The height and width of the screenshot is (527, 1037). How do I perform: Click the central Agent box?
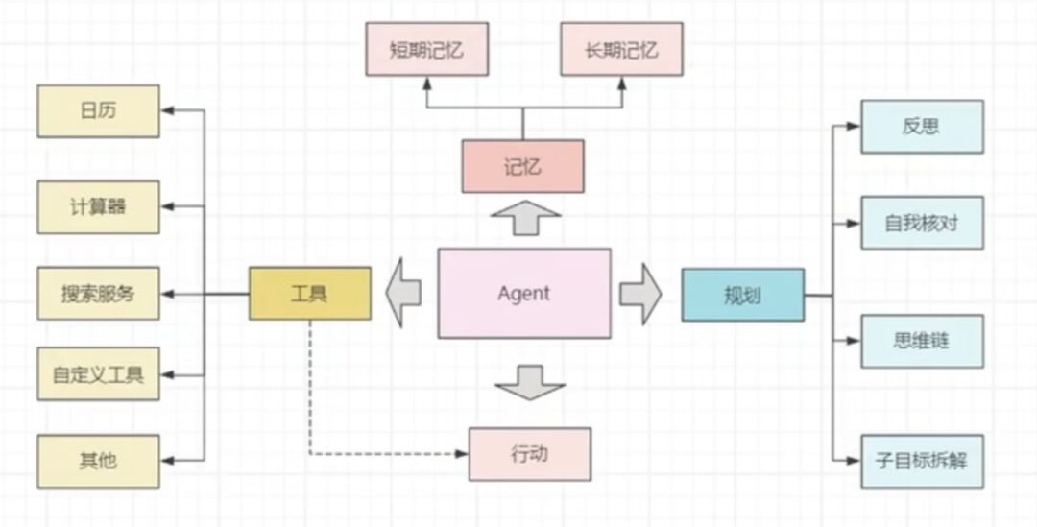523,293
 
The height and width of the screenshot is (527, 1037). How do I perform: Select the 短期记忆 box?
426,49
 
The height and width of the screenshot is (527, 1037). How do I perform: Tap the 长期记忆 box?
621,49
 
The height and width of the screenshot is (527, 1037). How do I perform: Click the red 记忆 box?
522,166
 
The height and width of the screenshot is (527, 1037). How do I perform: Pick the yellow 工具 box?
309,293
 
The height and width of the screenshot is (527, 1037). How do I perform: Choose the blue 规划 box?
742,295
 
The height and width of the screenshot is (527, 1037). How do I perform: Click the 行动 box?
529,454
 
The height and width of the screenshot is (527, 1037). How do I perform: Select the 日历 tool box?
98,110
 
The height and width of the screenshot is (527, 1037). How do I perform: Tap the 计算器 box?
98,206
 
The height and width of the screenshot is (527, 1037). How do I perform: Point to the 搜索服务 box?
98,293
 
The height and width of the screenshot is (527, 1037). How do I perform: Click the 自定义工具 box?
98,374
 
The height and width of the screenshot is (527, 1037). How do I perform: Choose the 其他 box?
98,461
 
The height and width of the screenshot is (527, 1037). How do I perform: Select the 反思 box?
922,126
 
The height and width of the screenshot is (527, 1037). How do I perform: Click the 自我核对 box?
922,223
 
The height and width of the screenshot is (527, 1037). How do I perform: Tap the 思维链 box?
922,341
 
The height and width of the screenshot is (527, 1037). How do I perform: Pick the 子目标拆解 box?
922,461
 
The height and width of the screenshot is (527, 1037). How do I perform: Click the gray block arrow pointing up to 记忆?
524,218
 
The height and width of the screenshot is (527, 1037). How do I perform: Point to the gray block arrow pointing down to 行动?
530,382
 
